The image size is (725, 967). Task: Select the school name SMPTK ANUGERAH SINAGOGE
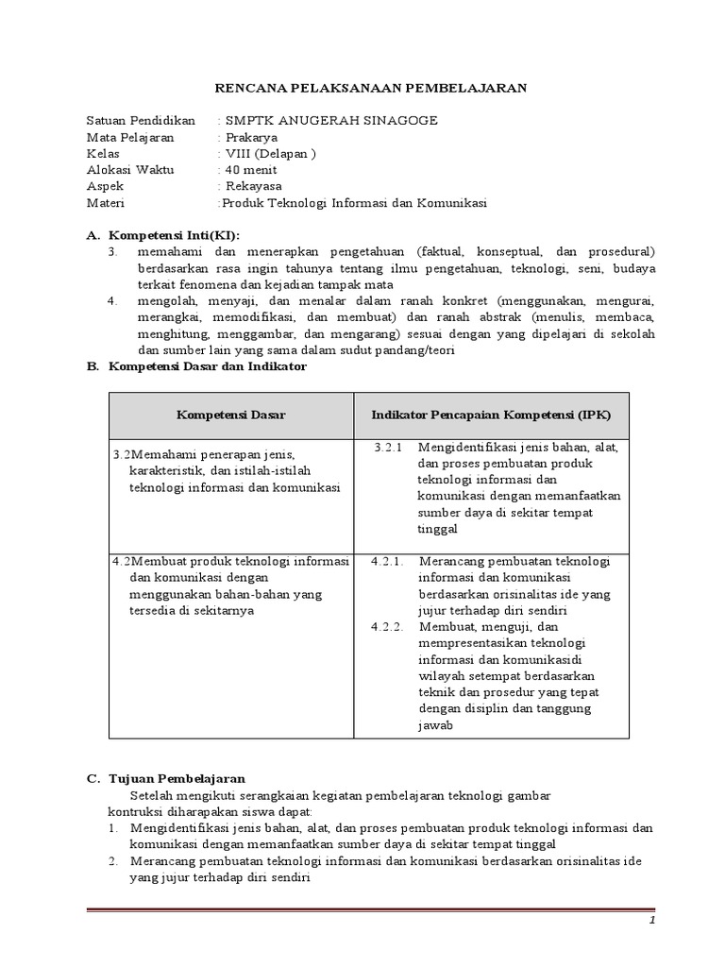point(319,120)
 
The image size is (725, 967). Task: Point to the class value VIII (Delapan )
point(269,153)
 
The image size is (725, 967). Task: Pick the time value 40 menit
point(250,170)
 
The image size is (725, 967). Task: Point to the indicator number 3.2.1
point(388,447)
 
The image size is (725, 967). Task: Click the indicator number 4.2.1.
point(387,561)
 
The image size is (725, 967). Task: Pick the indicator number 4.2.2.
point(387,626)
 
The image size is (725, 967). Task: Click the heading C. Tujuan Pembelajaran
point(165,778)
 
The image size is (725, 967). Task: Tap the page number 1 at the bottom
point(650,920)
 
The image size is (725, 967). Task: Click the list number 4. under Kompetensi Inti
point(111,301)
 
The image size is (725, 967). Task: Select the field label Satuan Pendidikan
point(140,120)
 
